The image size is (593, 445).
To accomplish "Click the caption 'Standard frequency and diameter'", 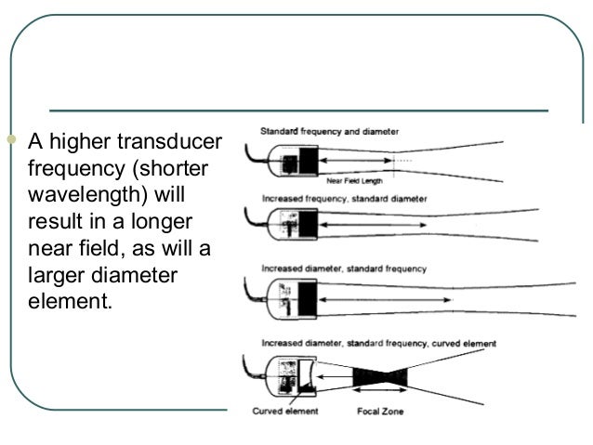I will tap(329, 132).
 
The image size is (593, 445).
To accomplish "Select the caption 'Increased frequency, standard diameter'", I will tap(343, 198).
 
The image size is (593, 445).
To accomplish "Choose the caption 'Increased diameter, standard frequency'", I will tap(343, 268).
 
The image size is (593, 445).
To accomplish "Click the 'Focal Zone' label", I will tap(378, 409).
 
